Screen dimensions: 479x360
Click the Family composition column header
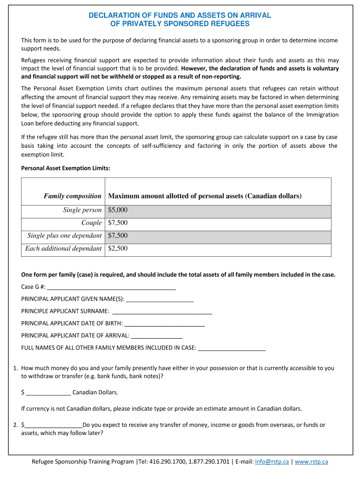click(x=72, y=196)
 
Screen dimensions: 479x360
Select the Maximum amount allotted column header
click(x=205, y=196)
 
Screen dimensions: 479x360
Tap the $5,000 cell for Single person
click(x=118, y=210)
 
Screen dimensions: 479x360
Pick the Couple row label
click(x=91, y=223)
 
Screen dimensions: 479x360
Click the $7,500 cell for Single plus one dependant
click(x=118, y=236)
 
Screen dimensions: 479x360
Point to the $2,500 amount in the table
click(x=118, y=248)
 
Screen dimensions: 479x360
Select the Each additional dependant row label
click(x=63, y=248)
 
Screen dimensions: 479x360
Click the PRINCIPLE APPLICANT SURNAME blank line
click(x=162, y=311)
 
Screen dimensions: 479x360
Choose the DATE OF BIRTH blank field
click(x=165, y=323)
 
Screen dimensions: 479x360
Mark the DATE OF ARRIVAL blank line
click(x=157, y=335)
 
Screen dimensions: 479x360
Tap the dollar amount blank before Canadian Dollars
click(x=48, y=392)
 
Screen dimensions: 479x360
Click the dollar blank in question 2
click(x=53, y=425)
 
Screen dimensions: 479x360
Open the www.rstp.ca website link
click(x=311, y=462)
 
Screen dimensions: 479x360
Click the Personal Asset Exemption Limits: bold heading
click(x=66, y=168)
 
